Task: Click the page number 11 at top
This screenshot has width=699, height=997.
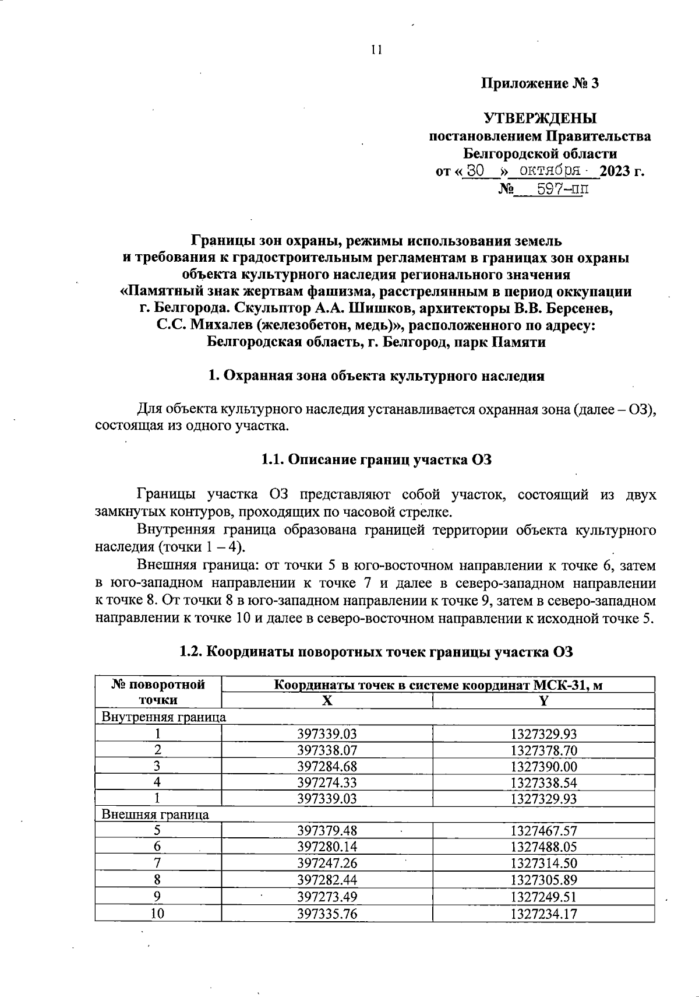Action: tap(376, 50)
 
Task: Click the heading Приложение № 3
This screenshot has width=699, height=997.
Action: tap(539, 83)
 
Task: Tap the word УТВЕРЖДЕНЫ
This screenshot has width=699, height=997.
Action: tap(539, 119)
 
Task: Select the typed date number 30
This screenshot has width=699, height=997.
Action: tap(476, 171)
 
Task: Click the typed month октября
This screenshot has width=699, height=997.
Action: tap(550, 171)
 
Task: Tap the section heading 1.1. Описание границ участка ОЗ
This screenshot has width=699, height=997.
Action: tap(376, 460)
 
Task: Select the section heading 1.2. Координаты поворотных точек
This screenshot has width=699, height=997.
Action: tap(376, 652)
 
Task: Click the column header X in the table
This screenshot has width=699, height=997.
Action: tap(327, 701)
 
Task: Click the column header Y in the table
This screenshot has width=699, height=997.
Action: tap(543, 701)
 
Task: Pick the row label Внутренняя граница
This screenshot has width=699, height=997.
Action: tap(164, 717)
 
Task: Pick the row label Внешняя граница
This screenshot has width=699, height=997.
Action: tap(156, 815)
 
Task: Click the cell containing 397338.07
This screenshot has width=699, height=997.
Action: tap(327, 750)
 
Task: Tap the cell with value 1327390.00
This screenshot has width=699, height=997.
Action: tap(543, 766)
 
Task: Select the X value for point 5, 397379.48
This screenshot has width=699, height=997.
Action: tap(327, 831)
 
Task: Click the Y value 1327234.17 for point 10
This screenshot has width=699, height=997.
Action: tap(543, 914)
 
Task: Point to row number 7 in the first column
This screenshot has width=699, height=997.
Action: tap(157, 863)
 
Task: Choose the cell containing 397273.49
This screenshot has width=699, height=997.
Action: tap(327, 897)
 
